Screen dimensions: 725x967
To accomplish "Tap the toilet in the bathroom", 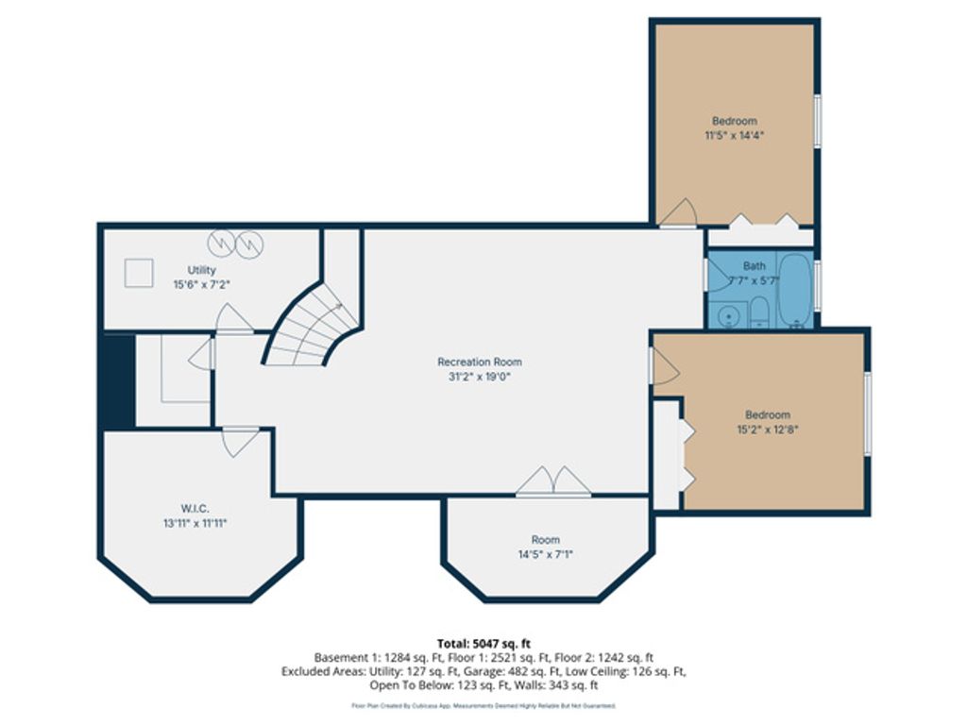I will [759, 312].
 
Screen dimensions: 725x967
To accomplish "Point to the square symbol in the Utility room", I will [140, 272].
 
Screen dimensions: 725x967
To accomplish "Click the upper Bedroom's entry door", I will [677, 213].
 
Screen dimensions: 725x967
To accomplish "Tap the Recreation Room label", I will [479, 362].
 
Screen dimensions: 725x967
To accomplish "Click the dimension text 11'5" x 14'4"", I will [734, 135].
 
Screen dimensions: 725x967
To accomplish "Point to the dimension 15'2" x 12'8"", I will [767, 429].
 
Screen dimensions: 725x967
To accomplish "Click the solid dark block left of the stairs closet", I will [117, 380].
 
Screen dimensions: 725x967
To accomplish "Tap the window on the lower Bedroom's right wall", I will [867, 413].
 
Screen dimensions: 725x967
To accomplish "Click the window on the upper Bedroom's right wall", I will [817, 120].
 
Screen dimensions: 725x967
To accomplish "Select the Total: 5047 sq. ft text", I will [483, 644].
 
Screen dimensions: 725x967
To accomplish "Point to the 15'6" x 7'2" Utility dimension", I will [201, 284].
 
